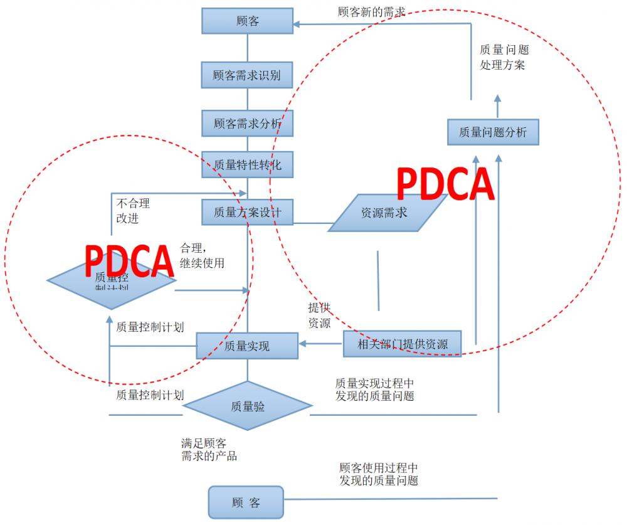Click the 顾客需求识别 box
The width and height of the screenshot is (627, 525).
point(247,75)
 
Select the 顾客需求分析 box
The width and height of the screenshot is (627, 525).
point(247,124)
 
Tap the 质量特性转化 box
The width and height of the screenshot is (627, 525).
point(247,165)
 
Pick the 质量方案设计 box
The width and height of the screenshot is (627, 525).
point(247,212)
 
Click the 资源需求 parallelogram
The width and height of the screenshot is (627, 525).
point(385,213)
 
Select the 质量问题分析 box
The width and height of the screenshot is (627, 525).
point(493,132)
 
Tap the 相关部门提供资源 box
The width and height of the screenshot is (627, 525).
point(402,343)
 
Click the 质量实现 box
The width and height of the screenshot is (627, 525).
point(247,346)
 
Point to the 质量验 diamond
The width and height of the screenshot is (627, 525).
point(248,406)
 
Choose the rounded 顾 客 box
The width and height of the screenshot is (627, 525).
point(246,502)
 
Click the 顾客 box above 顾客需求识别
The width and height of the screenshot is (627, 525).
point(248,21)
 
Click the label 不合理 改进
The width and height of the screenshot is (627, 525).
point(133,211)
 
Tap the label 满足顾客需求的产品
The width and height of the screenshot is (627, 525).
point(209,449)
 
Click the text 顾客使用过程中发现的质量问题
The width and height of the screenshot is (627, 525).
point(378,474)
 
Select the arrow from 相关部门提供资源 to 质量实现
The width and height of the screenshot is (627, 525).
point(320,343)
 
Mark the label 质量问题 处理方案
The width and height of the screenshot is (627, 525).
point(503,56)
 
